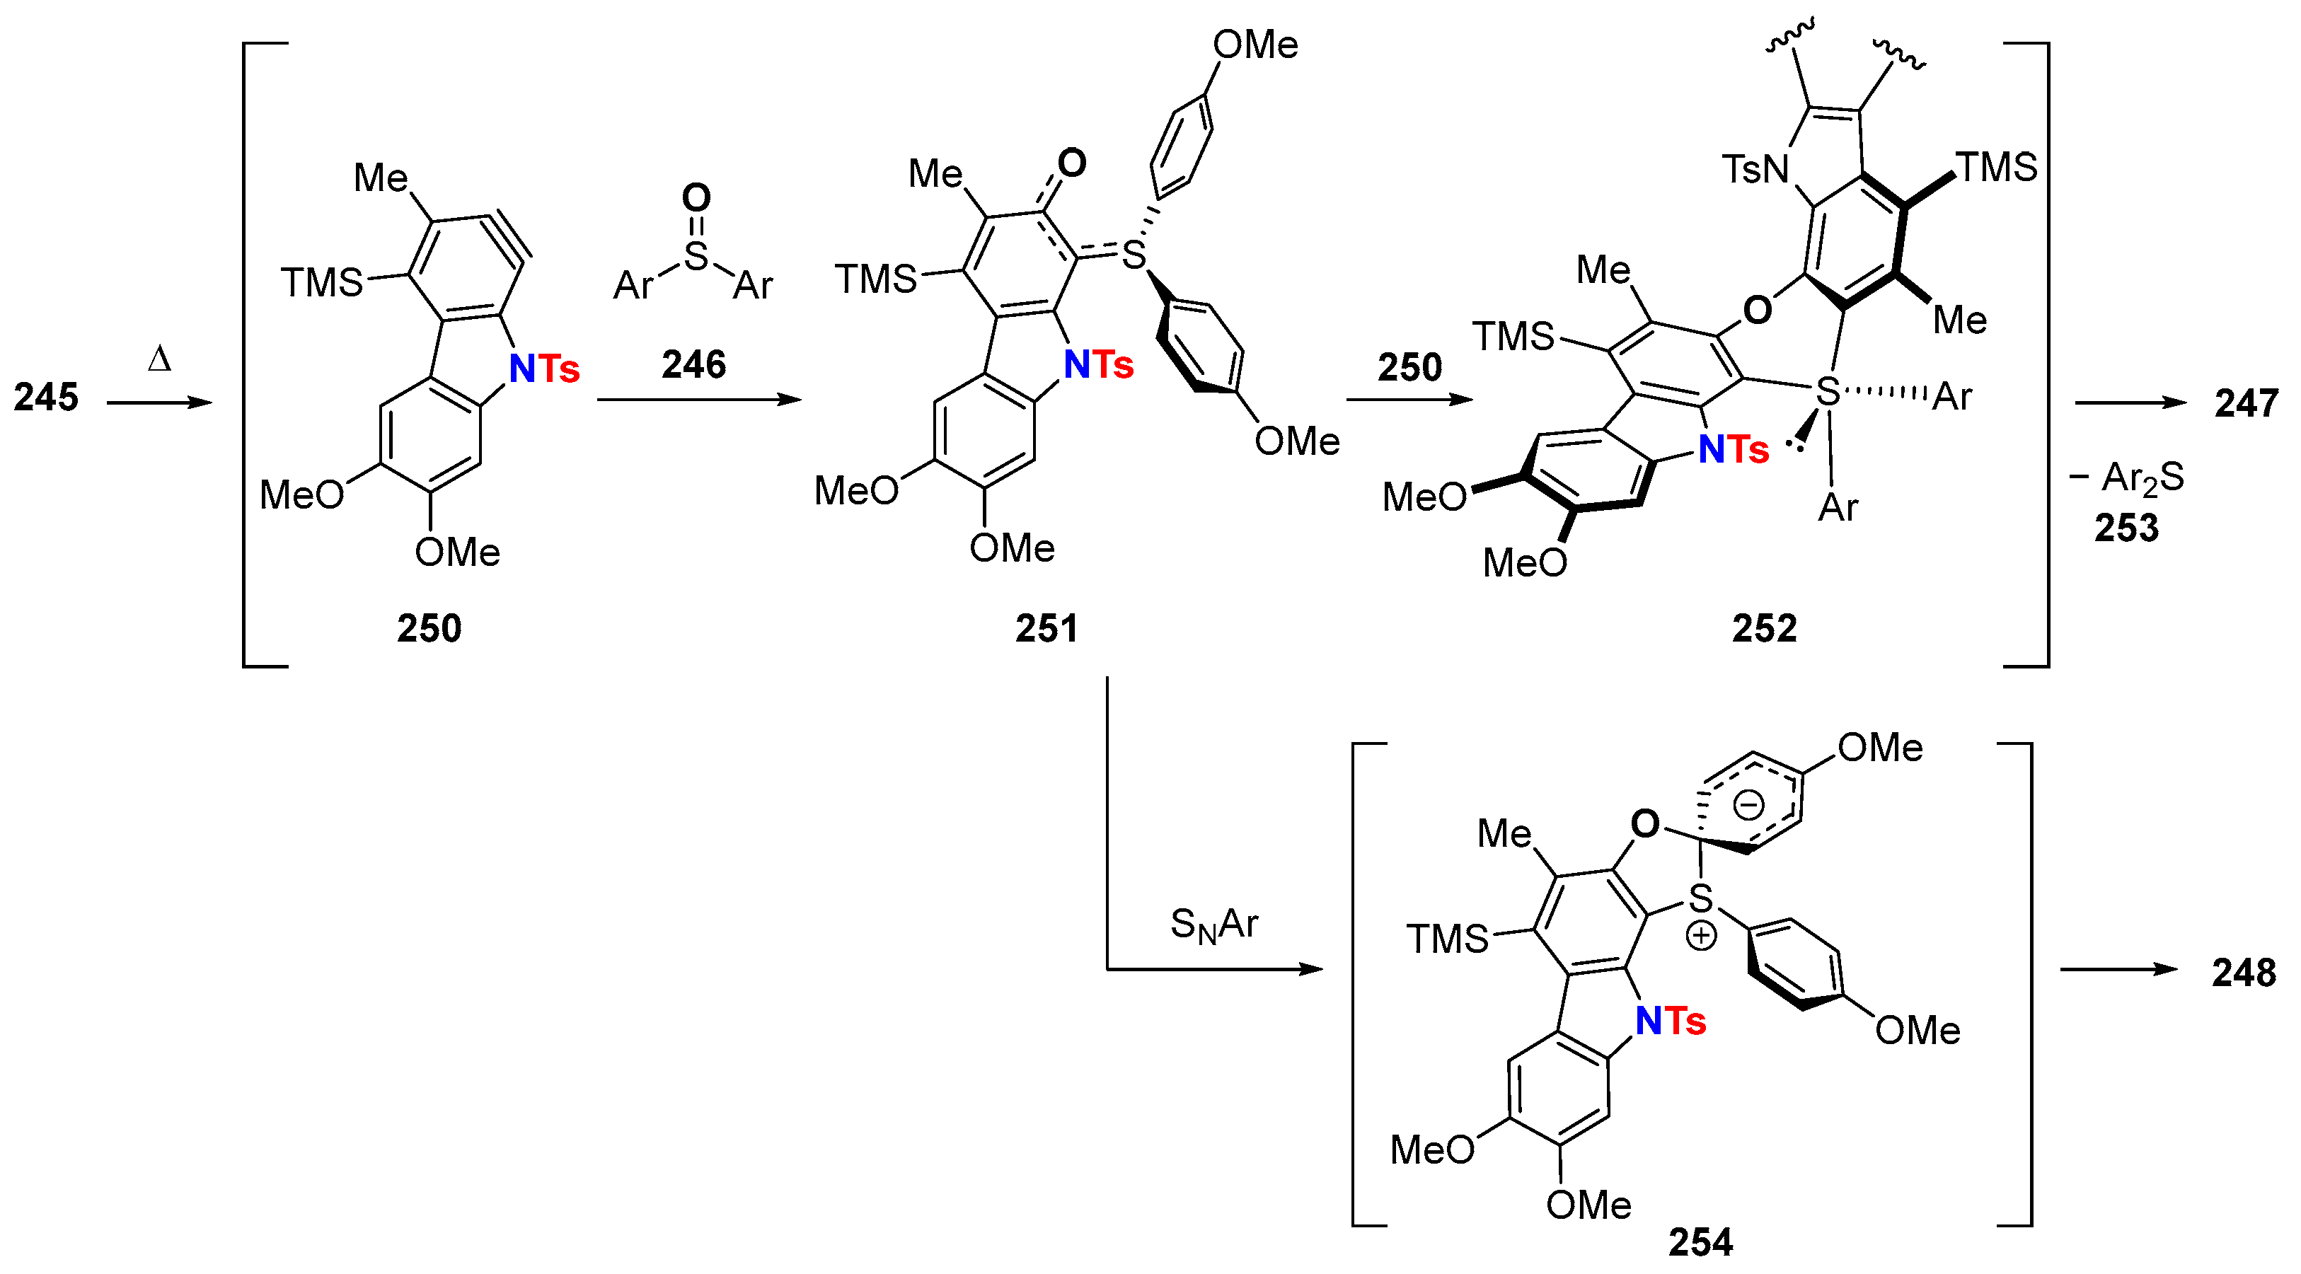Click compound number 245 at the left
pyautogui.click(x=47, y=398)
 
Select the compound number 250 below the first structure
pyautogui.click(x=429, y=629)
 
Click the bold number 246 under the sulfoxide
pyautogui.click(x=693, y=364)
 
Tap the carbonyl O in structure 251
pyautogui.click(x=1071, y=163)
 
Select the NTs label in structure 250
pyautogui.click(x=544, y=369)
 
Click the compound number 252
pyautogui.click(x=1764, y=629)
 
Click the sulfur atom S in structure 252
pyautogui.click(x=1828, y=391)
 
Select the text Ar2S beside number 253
pyautogui.click(x=2142, y=477)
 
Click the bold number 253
pyautogui.click(x=2126, y=528)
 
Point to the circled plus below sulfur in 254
pyautogui.click(x=1701, y=937)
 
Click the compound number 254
pyautogui.click(x=1700, y=1242)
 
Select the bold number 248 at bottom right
pyautogui.click(x=2243, y=972)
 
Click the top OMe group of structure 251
pyautogui.click(x=1255, y=45)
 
